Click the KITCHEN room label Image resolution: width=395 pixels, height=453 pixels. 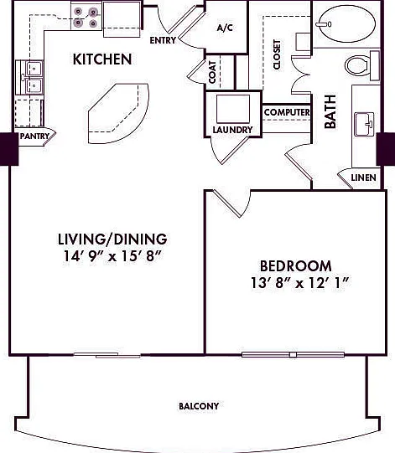click(102, 59)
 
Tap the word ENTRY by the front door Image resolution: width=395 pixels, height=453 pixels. click(163, 40)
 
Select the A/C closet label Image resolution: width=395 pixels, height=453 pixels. click(225, 28)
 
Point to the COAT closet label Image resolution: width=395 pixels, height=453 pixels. click(212, 72)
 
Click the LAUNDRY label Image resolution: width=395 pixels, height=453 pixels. click(232, 130)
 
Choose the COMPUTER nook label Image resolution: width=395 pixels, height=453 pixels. click(287, 112)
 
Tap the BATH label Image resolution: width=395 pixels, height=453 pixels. click(330, 111)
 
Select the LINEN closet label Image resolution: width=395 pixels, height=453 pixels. click(363, 178)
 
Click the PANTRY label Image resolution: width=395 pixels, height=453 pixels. click(34, 136)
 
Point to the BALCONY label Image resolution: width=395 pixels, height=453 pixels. click(199, 406)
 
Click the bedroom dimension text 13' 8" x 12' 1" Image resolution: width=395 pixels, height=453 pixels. click(301, 283)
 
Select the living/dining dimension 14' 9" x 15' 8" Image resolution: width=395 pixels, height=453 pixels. click(112, 256)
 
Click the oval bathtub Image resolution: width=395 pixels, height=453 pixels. click(346, 23)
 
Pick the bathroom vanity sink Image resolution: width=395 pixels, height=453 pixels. click(364, 124)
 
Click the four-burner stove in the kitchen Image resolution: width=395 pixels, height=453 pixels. click(86, 16)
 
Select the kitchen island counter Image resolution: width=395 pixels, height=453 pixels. click(118, 113)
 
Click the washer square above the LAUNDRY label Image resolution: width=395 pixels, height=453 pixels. click(233, 109)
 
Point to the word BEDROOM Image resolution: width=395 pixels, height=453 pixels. click(296, 266)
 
